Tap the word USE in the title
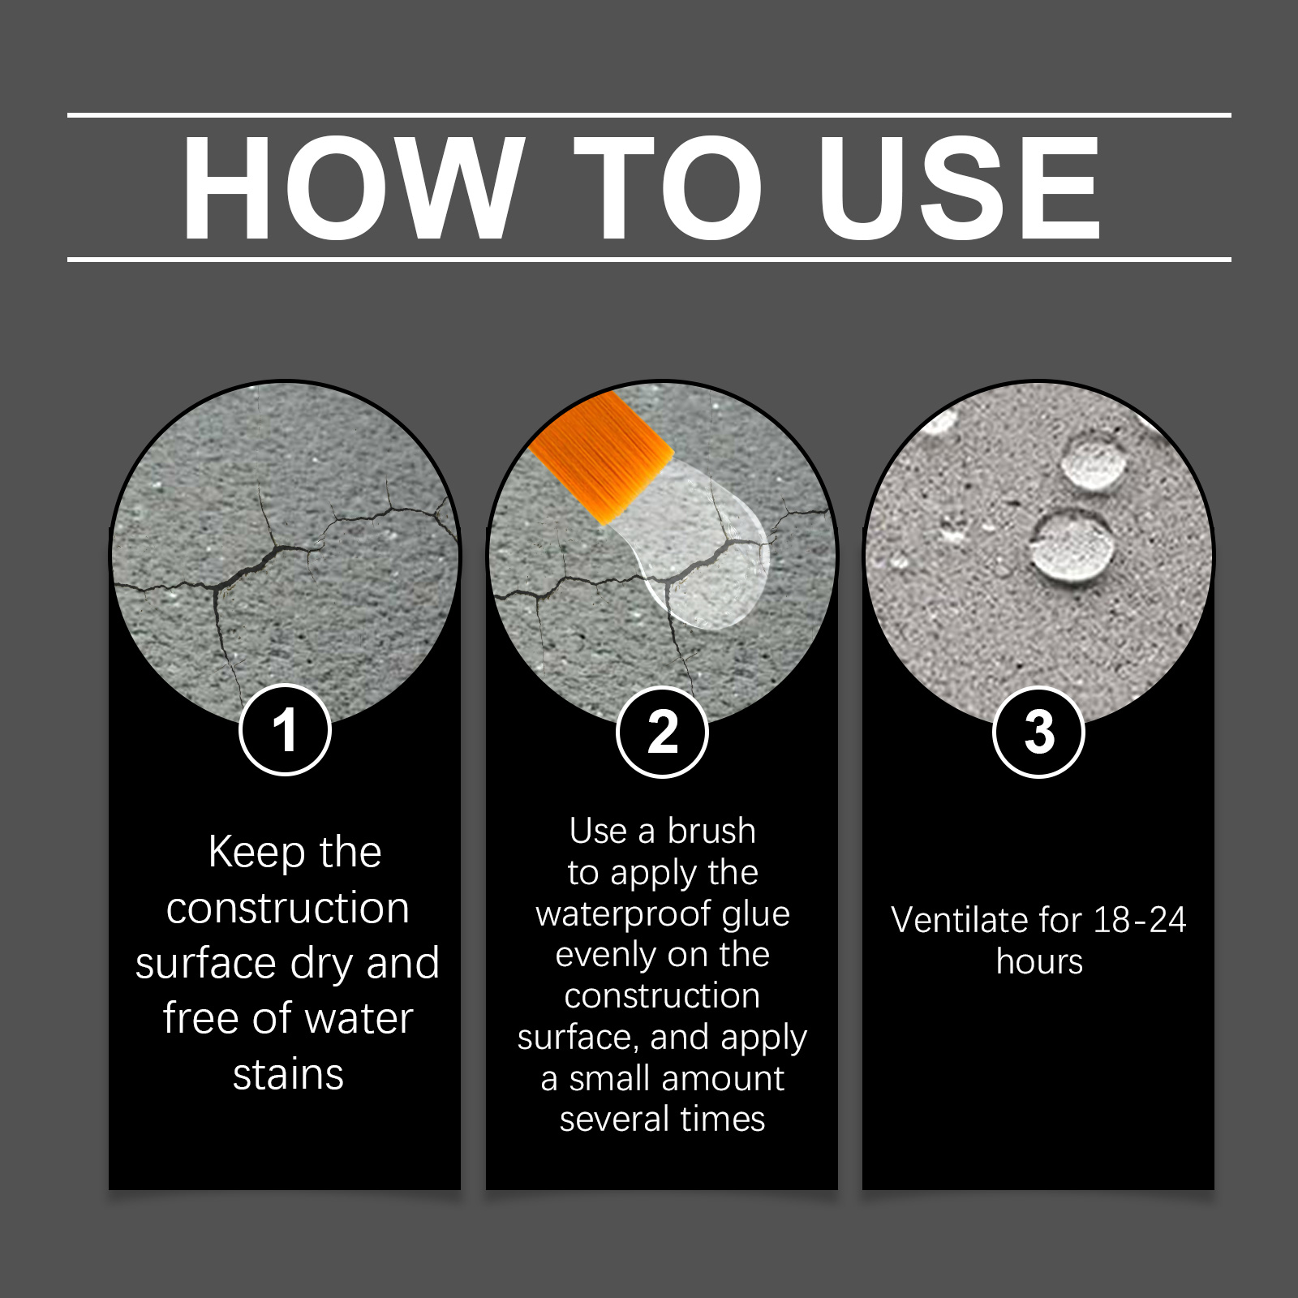click(x=959, y=188)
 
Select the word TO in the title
click(x=669, y=188)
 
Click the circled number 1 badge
click(x=285, y=730)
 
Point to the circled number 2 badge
click(x=662, y=732)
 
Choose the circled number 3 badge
click(x=1038, y=732)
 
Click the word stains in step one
click(x=288, y=1075)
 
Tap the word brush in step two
click(x=711, y=832)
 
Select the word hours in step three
click(x=1039, y=962)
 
